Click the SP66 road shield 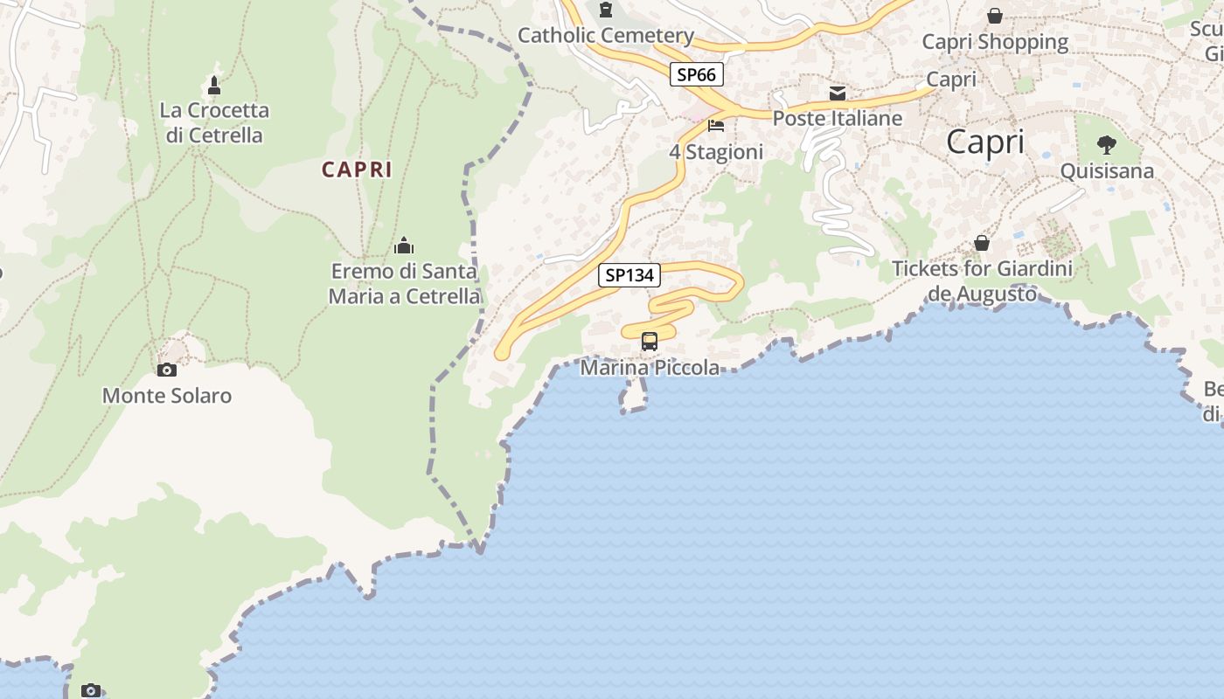click(697, 75)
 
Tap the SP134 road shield click(629, 275)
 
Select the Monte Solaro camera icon click(166, 370)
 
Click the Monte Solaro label click(167, 396)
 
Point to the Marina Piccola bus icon click(650, 342)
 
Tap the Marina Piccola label click(650, 368)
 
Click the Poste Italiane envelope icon click(838, 93)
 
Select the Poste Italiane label click(838, 118)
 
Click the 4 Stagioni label click(716, 152)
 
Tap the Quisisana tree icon click(1107, 145)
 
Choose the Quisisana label click(1107, 171)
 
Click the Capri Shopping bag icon click(995, 16)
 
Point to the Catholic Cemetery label click(606, 36)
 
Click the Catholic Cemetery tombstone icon click(605, 10)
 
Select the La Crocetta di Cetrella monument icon click(214, 86)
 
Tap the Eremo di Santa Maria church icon click(404, 245)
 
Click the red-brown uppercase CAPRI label click(357, 170)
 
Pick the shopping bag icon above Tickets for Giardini click(982, 243)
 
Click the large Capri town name click(984, 142)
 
